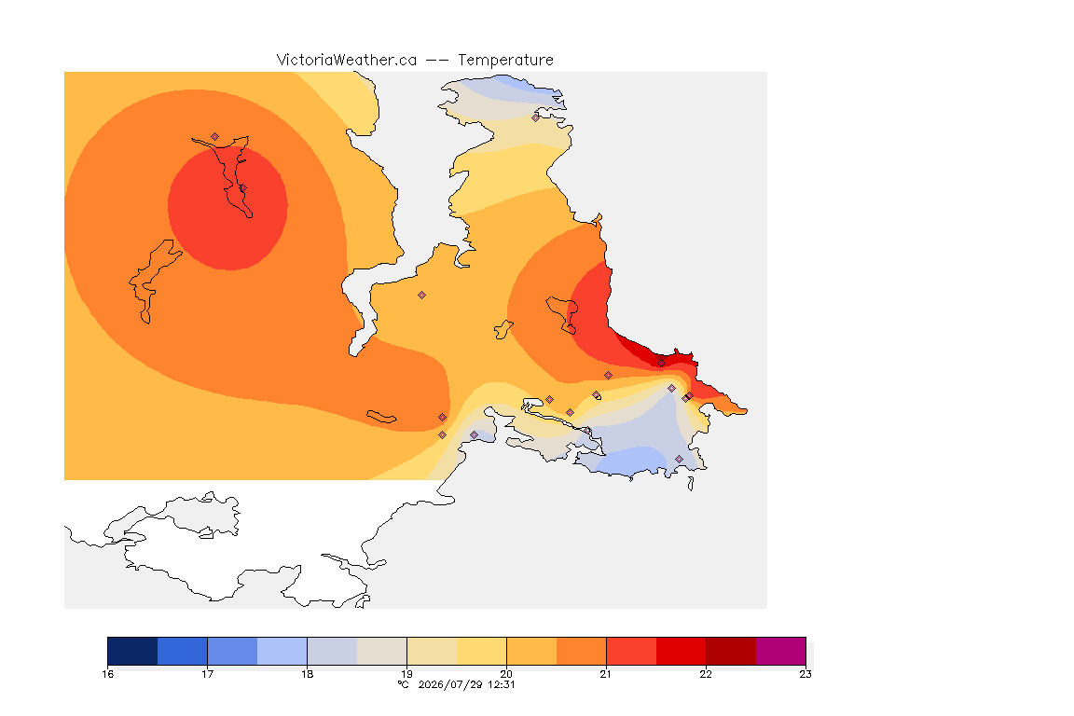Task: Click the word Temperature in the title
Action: point(505,61)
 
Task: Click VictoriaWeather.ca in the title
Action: point(347,61)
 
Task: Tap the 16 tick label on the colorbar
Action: point(107,674)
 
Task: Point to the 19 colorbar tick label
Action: point(406,674)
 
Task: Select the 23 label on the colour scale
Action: point(805,674)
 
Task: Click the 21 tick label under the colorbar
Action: point(606,674)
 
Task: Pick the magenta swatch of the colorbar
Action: point(781,651)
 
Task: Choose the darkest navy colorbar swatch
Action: point(133,651)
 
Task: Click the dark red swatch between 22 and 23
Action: point(731,651)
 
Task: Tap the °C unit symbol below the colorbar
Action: point(404,684)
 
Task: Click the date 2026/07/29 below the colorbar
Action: point(450,684)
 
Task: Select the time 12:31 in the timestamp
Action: point(502,684)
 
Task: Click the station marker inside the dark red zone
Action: point(661,364)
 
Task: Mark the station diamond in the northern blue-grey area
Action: point(536,117)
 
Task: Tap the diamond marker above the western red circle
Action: point(215,137)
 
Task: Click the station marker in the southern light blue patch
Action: point(679,460)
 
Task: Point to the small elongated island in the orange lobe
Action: point(381,417)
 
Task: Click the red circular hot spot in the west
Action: point(227,209)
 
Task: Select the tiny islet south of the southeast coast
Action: point(691,484)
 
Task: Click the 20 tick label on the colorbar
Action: point(506,674)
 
